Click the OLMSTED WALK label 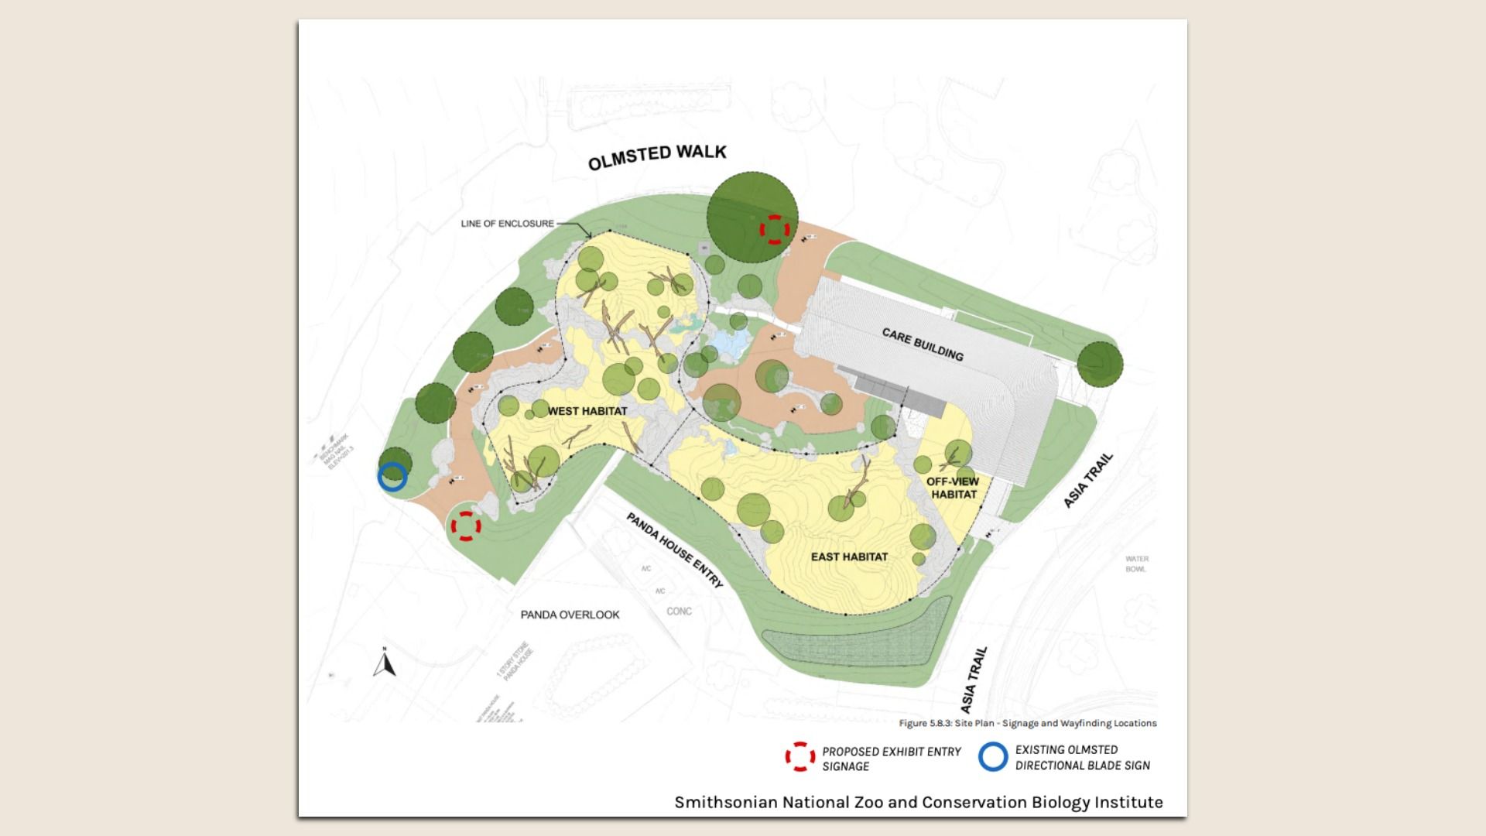657,156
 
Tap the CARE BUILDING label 923,344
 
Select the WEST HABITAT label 587,411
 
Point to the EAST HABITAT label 849,557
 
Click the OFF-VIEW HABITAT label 953,488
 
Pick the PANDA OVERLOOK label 570,615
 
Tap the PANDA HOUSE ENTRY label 674,550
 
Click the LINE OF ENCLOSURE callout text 508,224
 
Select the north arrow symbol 385,663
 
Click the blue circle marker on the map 392,477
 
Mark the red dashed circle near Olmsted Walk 774,229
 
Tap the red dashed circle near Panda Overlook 466,526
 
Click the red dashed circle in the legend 800,757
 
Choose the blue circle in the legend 993,756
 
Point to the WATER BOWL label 1137,564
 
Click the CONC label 679,612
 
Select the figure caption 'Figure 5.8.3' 1027,723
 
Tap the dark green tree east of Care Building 1099,364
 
